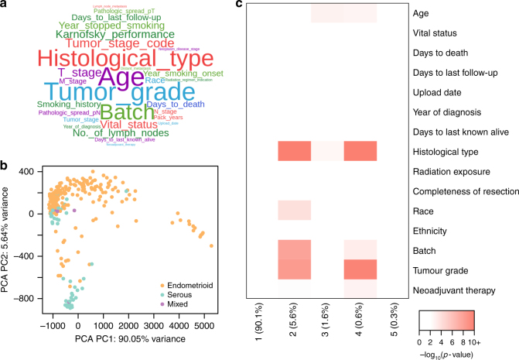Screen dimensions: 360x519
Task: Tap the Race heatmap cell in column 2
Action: pos(294,210)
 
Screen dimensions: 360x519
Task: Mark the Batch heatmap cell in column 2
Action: pos(294,249)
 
